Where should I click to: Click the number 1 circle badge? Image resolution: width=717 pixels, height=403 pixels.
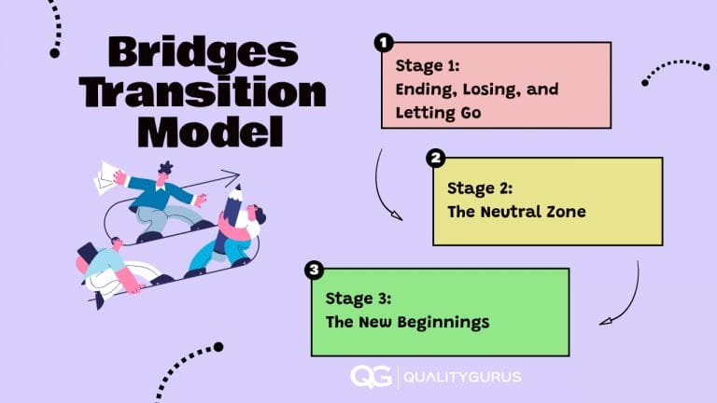tap(383, 43)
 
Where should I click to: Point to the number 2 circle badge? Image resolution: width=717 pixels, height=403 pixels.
tap(435, 158)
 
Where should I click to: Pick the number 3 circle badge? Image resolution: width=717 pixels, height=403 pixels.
tap(314, 271)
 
